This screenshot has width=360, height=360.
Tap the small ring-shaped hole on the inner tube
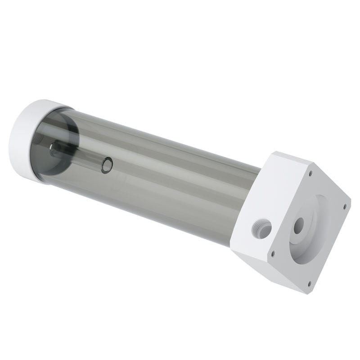pyautogui.click(x=107, y=165)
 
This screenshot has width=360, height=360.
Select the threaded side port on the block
pyautogui.click(x=262, y=228)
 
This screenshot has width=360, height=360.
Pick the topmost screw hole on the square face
pyautogui.click(x=310, y=172)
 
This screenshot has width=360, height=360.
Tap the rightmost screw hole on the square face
pyautogui.click(x=345, y=206)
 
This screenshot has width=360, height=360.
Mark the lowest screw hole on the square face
pyautogui.click(x=309, y=283)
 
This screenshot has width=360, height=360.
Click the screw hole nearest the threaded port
pyautogui.click(x=272, y=254)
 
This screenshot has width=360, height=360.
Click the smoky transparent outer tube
pyautogui.click(x=171, y=189)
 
